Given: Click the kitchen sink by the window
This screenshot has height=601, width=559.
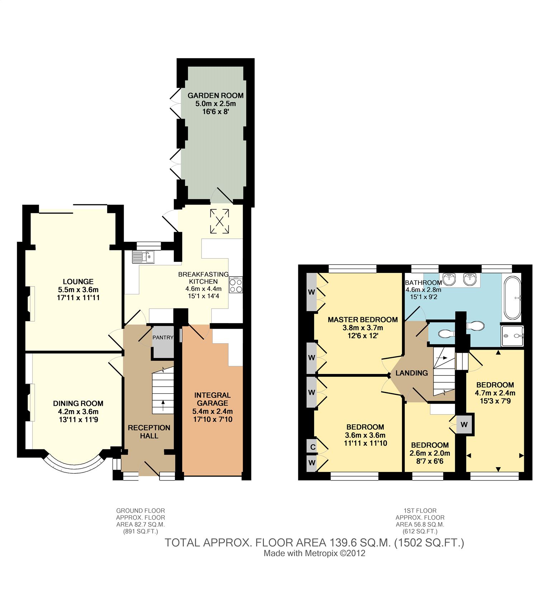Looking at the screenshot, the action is click(x=143, y=256).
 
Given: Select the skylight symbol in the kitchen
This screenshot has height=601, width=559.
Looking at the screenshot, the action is click(x=219, y=221).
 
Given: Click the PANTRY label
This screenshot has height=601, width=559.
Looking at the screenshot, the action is click(x=163, y=337).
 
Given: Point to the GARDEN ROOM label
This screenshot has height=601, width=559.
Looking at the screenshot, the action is click(x=215, y=95).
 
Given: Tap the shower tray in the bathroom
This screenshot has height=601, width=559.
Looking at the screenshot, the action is click(x=513, y=336).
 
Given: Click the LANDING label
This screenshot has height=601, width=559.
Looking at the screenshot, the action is click(x=412, y=373).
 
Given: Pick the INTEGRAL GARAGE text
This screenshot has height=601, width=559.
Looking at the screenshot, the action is click(x=212, y=399).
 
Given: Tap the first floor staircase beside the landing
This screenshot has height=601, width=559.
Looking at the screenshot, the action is click(x=444, y=371).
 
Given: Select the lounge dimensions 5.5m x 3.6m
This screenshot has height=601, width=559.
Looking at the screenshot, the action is click(x=78, y=290).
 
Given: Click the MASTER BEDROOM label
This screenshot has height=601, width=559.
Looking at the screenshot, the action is click(x=363, y=320).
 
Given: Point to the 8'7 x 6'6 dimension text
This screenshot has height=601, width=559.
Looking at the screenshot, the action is click(x=430, y=461).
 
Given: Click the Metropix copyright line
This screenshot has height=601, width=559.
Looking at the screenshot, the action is click(x=314, y=553).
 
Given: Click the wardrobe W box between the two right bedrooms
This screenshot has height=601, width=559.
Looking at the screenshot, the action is click(x=464, y=425).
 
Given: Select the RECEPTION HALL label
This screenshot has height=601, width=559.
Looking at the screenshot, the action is click(x=149, y=432).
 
